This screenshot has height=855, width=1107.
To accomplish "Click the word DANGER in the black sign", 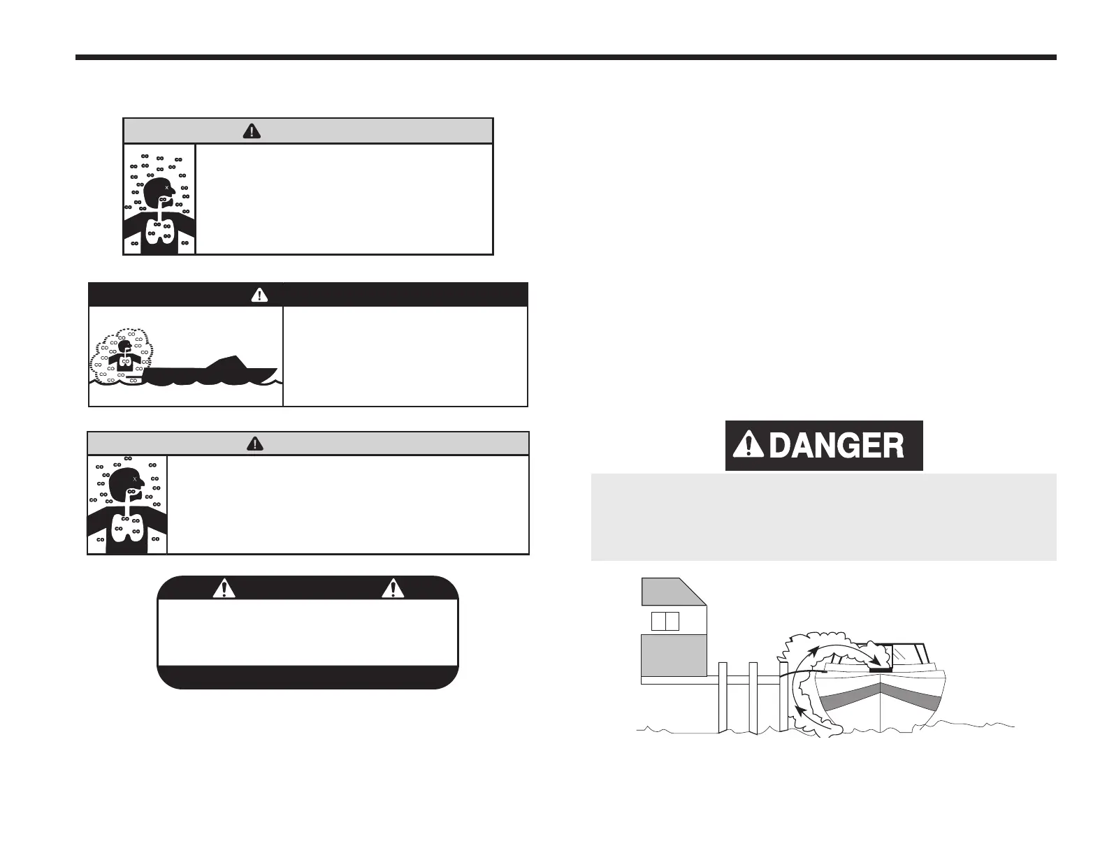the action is click(x=836, y=446).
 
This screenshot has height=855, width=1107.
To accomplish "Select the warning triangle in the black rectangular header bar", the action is click(x=259, y=295).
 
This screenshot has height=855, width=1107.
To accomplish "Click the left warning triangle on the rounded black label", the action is click(x=224, y=588).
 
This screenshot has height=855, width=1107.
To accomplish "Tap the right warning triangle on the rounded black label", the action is click(x=393, y=588).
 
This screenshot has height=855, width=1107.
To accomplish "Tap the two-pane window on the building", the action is click(x=665, y=621).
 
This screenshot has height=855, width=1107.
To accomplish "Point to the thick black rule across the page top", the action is click(x=566, y=57).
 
